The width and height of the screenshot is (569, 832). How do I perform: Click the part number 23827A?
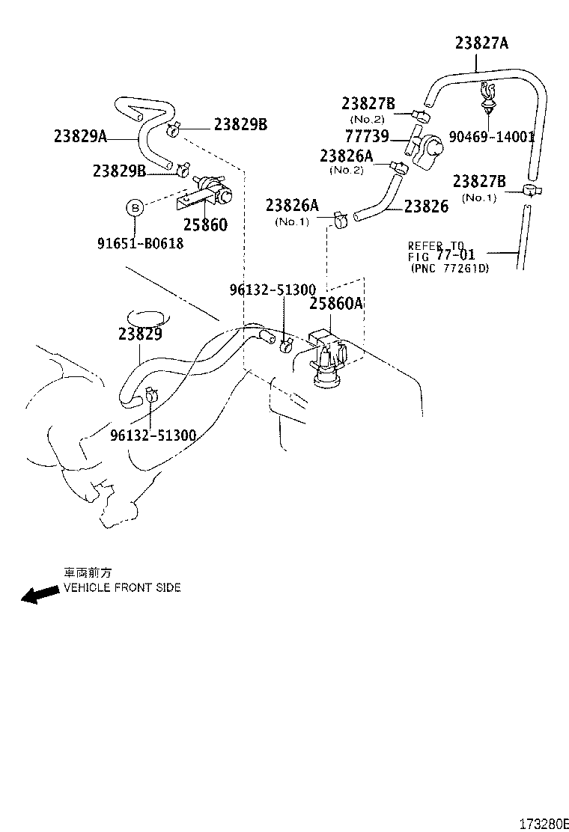pyautogui.click(x=481, y=43)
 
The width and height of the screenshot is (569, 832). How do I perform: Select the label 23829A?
pyautogui.click(x=81, y=136)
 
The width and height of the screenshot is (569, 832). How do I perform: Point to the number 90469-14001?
pyautogui.click(x=491, y=137)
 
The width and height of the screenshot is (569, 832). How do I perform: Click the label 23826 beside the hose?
pyautogui.click(x=425, y=207)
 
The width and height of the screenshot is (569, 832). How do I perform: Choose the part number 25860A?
pyautogui.click(x=336, y=303)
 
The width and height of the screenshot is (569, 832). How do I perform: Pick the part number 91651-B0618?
pyautogui.click(x=140, y=244)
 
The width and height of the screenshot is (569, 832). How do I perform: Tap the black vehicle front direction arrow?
pyautogui.click(x=40, y=595)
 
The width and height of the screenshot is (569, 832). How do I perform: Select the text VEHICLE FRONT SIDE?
pyautogui.click(x=121, y=588)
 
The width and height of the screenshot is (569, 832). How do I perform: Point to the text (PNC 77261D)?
pyautogui.click(x=449, y=268)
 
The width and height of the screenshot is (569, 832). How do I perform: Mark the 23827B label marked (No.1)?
pyautogui.click(x=479, y=182)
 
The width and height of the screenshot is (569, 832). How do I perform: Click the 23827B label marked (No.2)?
pyautogui.click(x=368, y=103)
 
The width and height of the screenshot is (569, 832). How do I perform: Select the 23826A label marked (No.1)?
pyautogui.click(x=292, y=206)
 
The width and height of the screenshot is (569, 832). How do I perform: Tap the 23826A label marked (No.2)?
pyautogui.click(x=346, y=156)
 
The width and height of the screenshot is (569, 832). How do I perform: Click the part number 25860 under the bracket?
pyautogui.click(x=205, y=224)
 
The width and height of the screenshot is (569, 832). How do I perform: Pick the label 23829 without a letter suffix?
pyautogui.click(x=139, y=335)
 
